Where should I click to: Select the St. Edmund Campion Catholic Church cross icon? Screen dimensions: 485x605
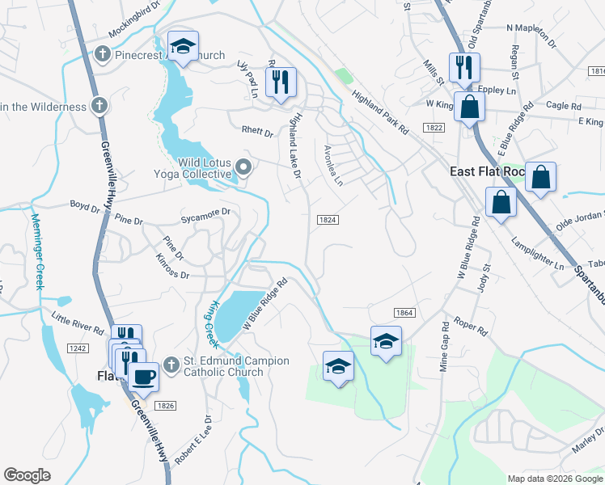[170, 365]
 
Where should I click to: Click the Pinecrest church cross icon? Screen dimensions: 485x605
[102, 55]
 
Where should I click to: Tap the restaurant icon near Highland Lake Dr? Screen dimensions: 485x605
[281, 81]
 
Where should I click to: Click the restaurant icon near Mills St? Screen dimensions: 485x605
[464, 67]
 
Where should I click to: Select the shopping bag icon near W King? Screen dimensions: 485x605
[469, 106]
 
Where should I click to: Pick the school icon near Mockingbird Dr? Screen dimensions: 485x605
[183, 45]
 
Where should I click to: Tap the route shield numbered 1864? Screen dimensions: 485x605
[404, 312]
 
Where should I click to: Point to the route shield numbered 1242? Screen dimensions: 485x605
[78, 348]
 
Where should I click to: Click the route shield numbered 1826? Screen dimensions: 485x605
[166, 405]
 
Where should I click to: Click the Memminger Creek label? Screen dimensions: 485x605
[36, 251]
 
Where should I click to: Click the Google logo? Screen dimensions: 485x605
[27, 474]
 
